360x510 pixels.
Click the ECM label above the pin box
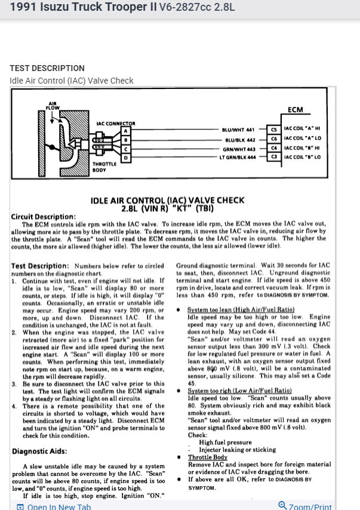coord(296,110)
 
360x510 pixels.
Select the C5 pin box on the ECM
coord(274,129)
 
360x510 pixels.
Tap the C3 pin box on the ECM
coord(274,156)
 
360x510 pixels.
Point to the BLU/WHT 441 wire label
coord(238,130)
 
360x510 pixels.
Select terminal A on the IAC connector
coord(125,130)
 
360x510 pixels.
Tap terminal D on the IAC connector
coord(125,157)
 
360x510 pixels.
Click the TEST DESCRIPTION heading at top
coord(47,68)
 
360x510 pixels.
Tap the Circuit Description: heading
coord(44,216)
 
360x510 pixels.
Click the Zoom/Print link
coord(305,506)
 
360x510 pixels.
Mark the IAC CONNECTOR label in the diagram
coord(116,124)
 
